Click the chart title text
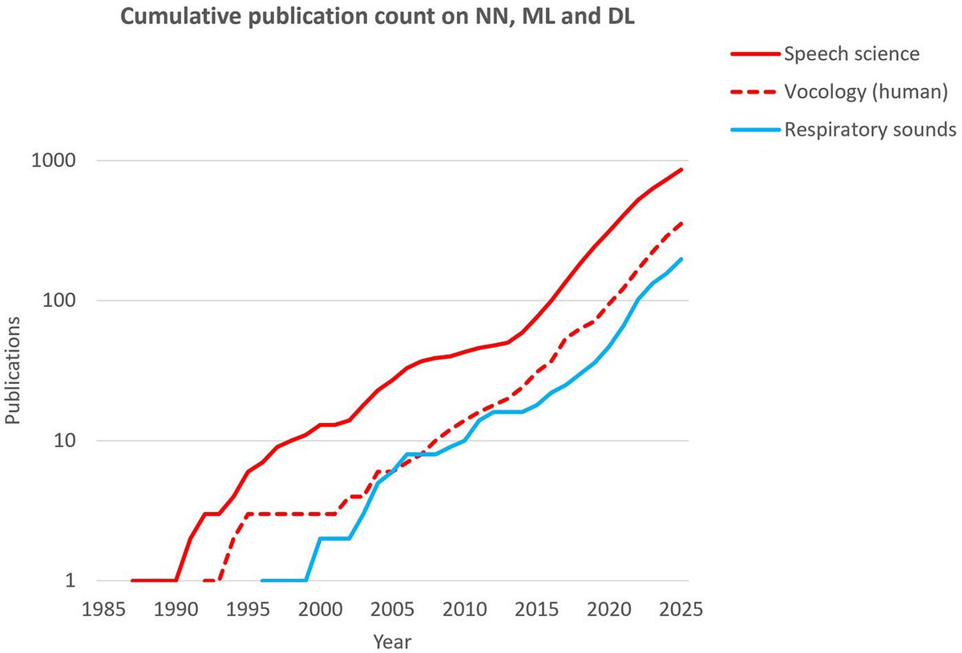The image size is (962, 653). click(378, 17)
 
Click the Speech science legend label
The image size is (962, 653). click(851, 54)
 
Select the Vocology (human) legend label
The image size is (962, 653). click(866, 92)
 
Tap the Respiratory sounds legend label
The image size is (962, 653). click(870, 130)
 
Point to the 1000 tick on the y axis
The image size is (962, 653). click(54, 160)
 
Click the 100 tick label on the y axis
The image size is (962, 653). click(59, 300)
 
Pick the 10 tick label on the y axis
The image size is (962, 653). click(65, 441)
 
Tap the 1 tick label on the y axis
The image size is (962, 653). click(71, 580)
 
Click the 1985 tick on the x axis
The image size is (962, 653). click(103, 610)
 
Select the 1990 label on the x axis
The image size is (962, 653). click(176, 610)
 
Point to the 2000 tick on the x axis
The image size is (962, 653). click(321, 610)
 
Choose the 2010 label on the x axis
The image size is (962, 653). click(465, 610)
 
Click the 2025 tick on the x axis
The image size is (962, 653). click(681, 610)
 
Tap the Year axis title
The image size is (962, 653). click(392, 643)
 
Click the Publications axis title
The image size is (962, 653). click(13, 370)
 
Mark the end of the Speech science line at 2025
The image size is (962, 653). click(681, 170)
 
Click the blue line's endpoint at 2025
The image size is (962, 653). click(681, 259)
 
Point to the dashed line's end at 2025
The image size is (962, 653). click(681, 224)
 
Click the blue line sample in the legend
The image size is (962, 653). click(755, 130)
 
